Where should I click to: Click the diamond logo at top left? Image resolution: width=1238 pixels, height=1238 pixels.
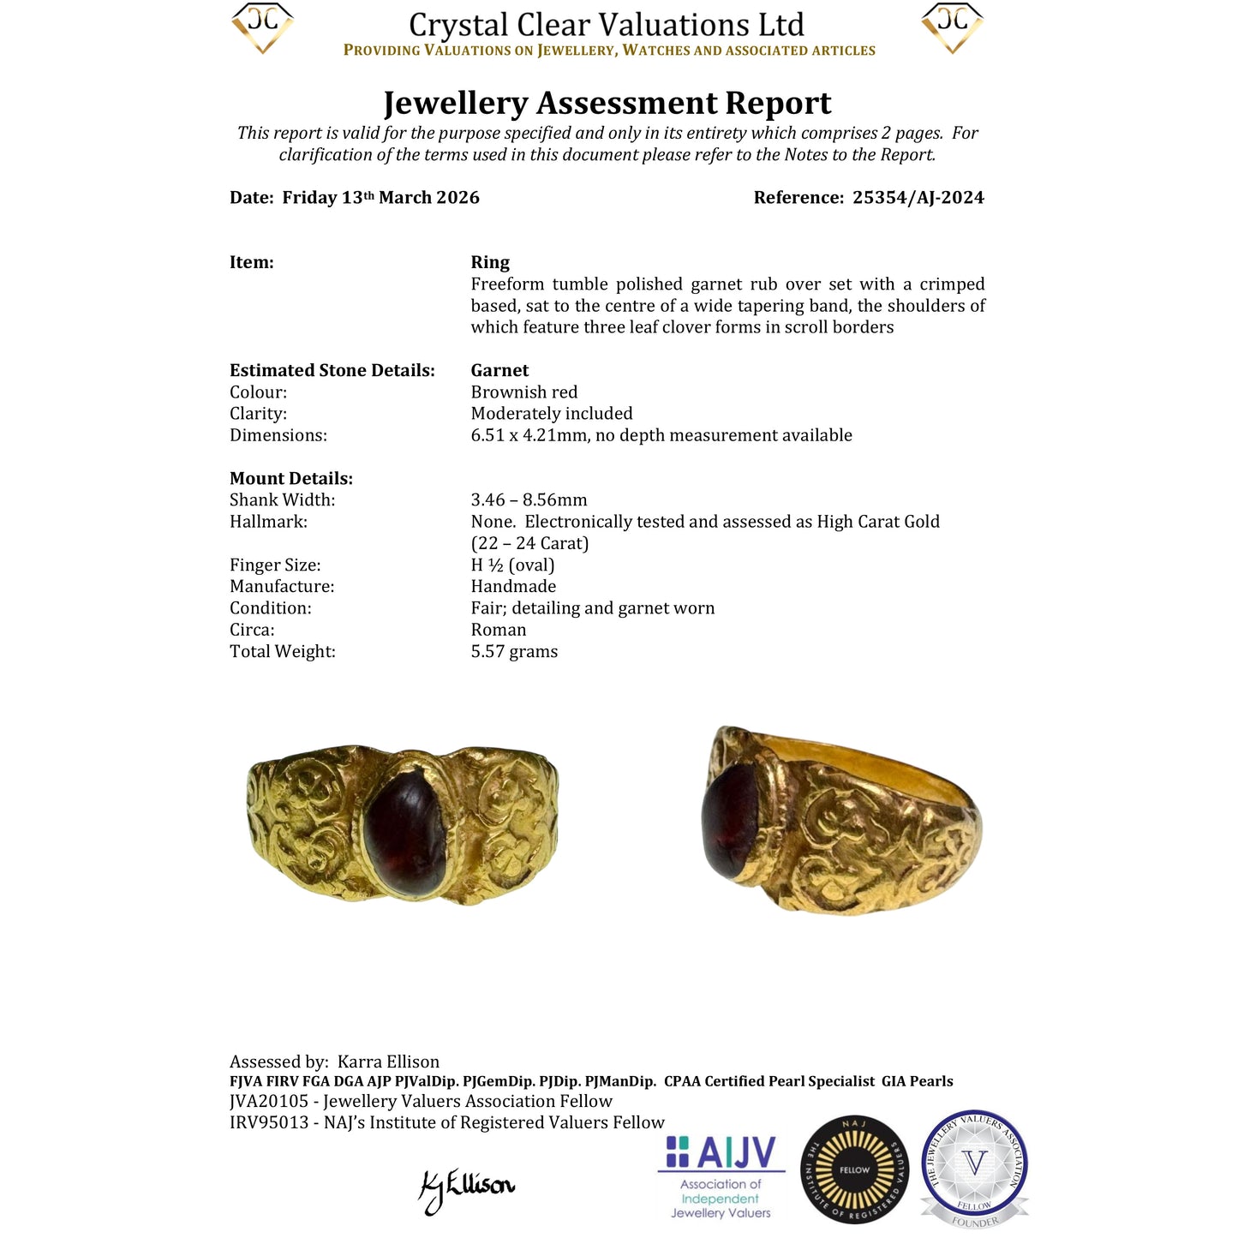pos(262,27)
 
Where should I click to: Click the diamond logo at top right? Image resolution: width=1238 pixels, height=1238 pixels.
pos(952,27)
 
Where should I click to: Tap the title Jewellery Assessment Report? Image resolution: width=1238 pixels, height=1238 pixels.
pos(607,103)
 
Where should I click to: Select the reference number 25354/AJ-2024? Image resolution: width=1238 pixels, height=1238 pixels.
pos(918,198)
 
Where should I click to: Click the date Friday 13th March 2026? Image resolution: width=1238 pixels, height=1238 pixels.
pos(380,198)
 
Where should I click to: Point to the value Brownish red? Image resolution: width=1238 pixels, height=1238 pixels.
pos(523,392)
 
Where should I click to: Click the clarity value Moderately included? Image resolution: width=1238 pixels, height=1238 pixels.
pos(551,414)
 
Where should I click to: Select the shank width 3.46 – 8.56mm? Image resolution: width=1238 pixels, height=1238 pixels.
pos(529,500)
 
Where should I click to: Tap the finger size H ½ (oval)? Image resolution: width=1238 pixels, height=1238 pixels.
pos(512,565)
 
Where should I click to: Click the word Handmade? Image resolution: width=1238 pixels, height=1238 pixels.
pos(513,587)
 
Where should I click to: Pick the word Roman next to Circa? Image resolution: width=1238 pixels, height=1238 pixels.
pos(498,630)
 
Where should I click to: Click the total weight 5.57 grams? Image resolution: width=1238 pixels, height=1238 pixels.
pos(514,652)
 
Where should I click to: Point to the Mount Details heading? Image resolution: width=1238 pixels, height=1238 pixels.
pos(290,479)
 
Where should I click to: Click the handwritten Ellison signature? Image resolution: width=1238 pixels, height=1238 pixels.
pos(467,1187)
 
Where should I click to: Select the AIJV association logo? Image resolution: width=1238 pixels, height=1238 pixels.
pos(721,1175)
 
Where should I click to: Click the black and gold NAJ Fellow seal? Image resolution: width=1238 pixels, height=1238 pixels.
pos(853,1169)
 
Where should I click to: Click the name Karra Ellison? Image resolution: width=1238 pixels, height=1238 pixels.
pos(388,1062)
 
